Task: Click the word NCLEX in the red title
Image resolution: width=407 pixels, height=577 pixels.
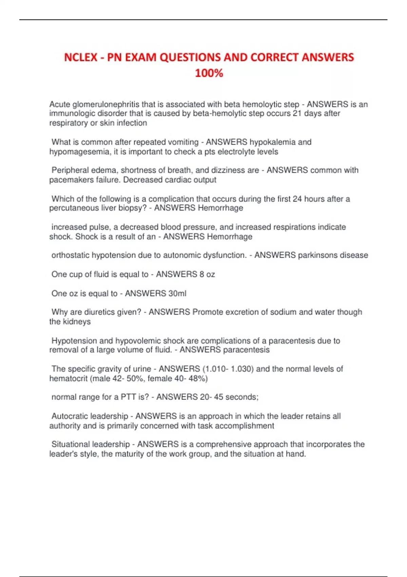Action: coord(81,57)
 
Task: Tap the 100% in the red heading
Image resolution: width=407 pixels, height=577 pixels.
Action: coord(209,73)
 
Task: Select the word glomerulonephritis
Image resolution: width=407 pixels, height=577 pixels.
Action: coord(105,104)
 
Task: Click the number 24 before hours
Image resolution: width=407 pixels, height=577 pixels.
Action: coord(297,199)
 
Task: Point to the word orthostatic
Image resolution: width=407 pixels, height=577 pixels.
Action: coord(71,255)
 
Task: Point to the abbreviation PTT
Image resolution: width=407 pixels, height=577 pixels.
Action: coord(128,397)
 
